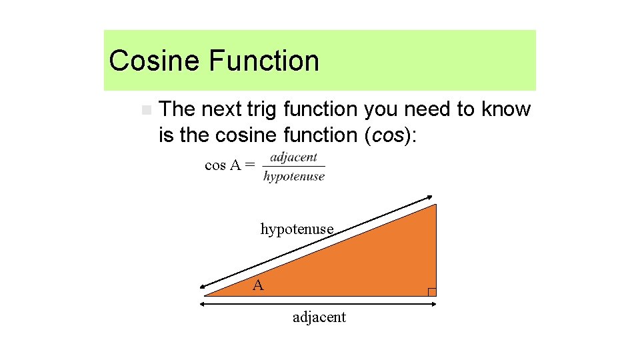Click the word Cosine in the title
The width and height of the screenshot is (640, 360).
(x=154, y=61)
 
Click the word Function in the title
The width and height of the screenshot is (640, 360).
(x=263, y=61)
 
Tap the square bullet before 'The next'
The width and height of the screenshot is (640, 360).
(x=146, y=109)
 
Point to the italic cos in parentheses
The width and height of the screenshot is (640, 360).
(x=387, y=135)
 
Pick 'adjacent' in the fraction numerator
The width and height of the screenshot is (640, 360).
(x=293, y=158)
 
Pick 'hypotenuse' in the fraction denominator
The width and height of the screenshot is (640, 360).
(x=294, y=177)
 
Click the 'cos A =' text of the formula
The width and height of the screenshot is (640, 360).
(x=229, y=165)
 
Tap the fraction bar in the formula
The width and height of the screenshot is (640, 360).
(x=294, y=167)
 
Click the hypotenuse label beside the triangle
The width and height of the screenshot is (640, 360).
(x=297, y=229)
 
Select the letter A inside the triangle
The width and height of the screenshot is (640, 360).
(x=258, y=286)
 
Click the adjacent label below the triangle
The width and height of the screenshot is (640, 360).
(x=319, y=317)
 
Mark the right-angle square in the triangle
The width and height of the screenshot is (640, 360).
(x=432, y=292)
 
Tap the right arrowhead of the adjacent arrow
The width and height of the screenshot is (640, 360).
(x=433, y=304)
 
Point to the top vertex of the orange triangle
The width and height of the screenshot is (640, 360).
(x=435, y=205)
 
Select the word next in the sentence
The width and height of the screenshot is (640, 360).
(x=223, y=109)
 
